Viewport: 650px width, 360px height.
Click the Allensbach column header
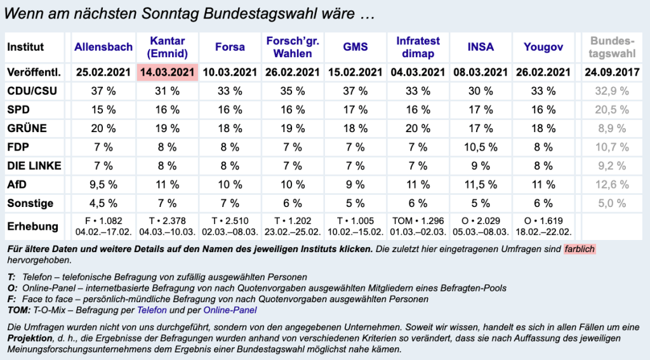103,47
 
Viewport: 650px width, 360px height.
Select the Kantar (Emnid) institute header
167,47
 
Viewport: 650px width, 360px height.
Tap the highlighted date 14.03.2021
167,72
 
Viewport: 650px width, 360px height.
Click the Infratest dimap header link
418,47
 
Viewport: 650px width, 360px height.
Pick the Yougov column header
543,47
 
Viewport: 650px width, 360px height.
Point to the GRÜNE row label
27,128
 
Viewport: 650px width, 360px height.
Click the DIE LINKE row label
34,166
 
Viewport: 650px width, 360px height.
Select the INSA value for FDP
481,147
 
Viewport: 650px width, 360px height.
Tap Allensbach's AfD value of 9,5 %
103,185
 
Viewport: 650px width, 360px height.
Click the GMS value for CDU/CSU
355,91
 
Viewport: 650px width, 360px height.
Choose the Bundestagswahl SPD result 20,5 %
612,110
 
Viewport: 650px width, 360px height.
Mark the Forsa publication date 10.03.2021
230,72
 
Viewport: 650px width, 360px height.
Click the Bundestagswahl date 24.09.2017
612,72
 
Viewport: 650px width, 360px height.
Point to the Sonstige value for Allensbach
103,204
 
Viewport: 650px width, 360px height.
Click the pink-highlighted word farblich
579,249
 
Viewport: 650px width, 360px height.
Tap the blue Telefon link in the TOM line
152,310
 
